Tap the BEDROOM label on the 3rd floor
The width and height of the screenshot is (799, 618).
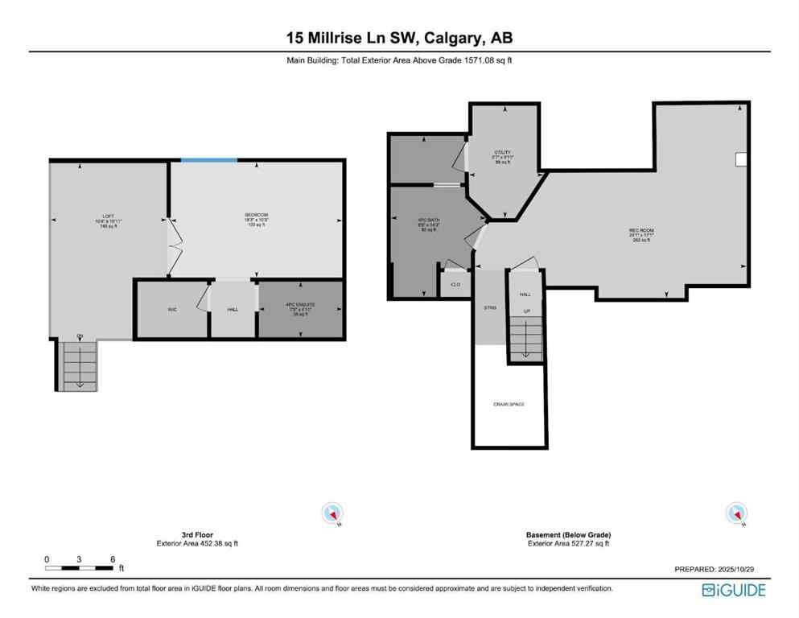coord(256,215)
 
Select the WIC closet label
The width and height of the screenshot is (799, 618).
coord(172,309)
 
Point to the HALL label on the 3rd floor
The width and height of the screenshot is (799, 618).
coord(233,309)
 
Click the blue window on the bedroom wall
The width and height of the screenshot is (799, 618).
coord(208,160)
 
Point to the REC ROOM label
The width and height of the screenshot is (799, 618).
coord(641,231)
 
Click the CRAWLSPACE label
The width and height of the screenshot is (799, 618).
coord(509,403)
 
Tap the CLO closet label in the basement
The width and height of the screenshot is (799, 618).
coord(455,285)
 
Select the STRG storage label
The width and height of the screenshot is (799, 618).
coord(490,308)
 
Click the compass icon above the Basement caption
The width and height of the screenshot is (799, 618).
coord(735,513)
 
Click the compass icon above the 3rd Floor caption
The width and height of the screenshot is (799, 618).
coord(332,513)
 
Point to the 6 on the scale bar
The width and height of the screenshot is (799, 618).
coord(113,558)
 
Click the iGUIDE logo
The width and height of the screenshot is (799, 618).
coord(733,590)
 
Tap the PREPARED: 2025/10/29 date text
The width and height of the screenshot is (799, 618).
coord(714,568)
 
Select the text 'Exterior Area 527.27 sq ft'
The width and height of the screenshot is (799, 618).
coord(568,543)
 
